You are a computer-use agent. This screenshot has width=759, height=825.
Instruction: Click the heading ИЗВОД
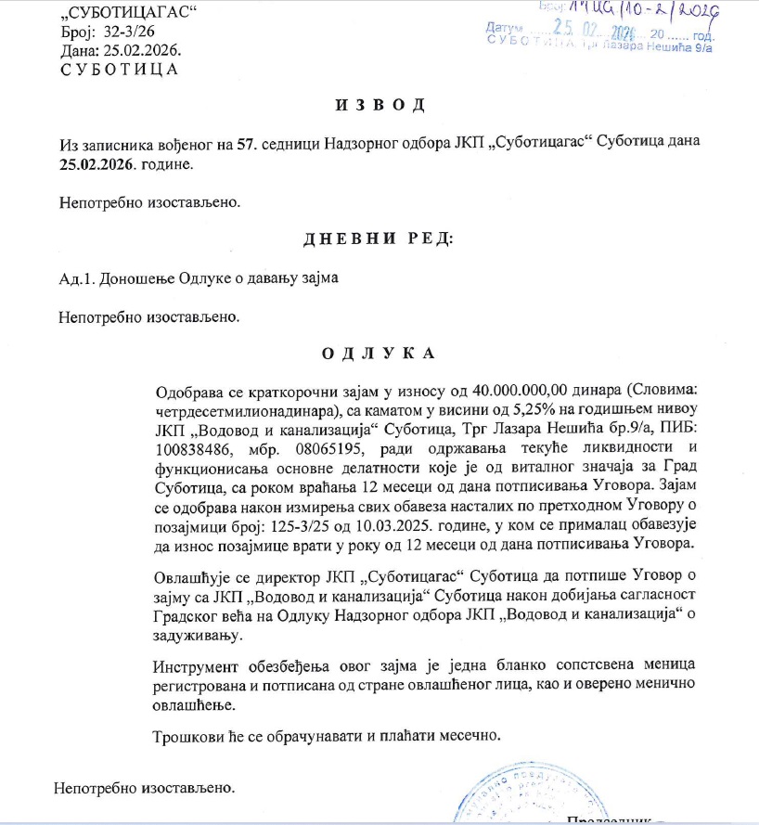379,102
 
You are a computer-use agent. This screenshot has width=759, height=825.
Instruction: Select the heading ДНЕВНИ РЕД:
379,239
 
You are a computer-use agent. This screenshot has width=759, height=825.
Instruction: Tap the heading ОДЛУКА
378,354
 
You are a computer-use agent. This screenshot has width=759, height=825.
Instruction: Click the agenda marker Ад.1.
76,278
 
